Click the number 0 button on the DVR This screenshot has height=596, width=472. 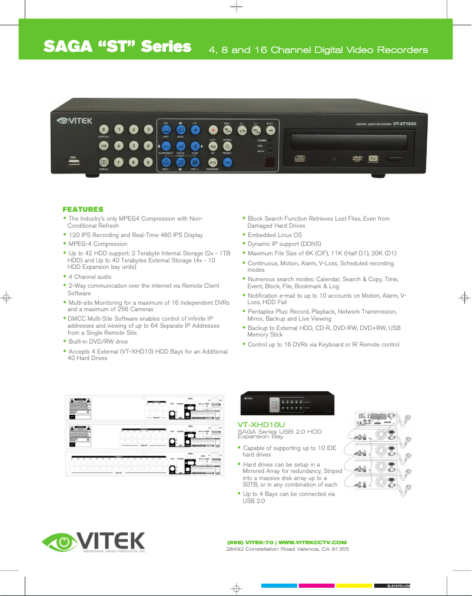point(104,129)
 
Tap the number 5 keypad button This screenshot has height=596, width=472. point(134,145)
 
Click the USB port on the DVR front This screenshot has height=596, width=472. point(73,163)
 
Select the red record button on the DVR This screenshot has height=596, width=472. point(212,129)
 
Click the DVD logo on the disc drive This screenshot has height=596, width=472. point(357,158)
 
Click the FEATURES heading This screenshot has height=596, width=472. point(83,209)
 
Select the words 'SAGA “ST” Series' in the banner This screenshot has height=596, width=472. point(118,47)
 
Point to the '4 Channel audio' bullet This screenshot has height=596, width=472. point(90,276)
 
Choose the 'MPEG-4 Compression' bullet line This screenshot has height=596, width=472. point(98,244)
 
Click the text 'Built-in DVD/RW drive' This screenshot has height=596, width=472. point(98,341)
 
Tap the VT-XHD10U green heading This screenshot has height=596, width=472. point(261,424)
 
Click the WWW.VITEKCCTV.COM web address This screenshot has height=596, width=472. point(312,542)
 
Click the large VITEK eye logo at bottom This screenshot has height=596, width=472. point(94,541)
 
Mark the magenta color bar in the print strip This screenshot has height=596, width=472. point(316,586)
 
